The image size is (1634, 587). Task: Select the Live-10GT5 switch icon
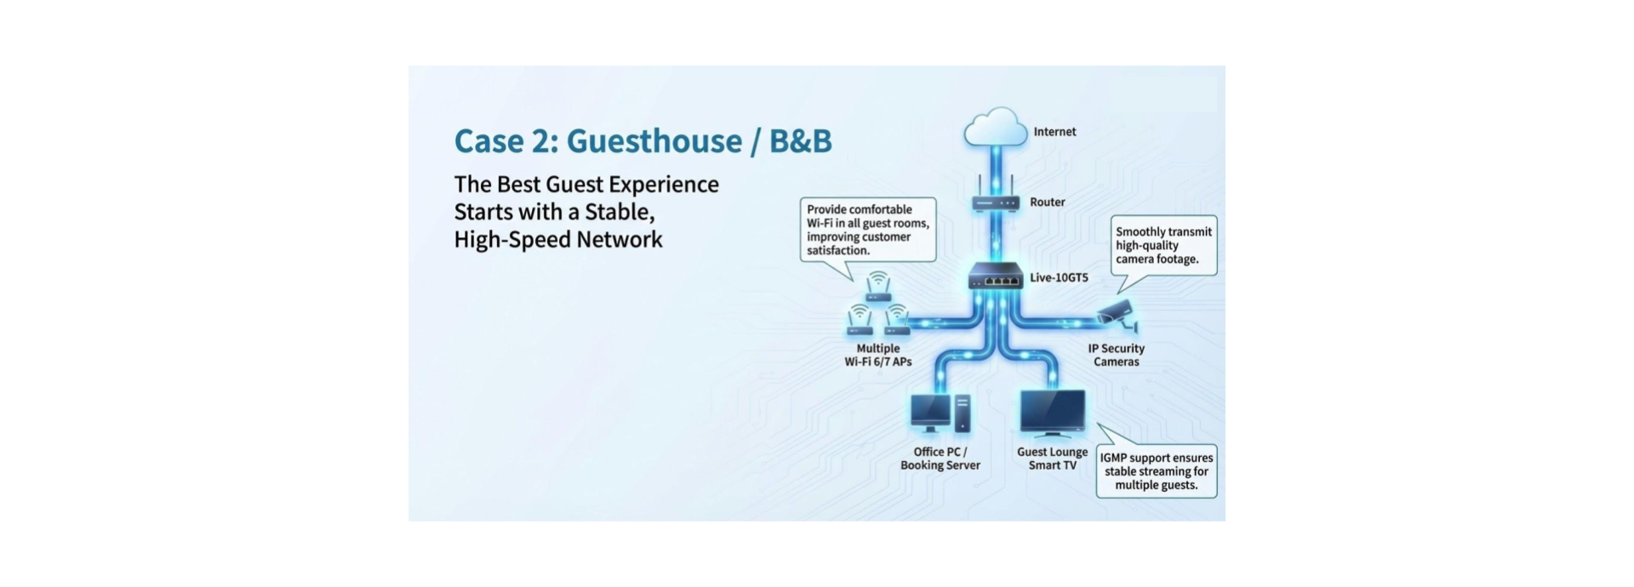click(996, 276)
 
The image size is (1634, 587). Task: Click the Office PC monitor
click(930, 413)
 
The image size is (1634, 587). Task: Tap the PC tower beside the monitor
click(963, 413)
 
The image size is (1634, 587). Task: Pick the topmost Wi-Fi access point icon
click(878, 287)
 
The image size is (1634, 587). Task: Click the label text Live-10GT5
click(1059, 277)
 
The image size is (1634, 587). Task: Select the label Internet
click(1054, 132)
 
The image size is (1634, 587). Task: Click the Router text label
click(1048, 202)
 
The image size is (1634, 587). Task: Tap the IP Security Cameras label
click(1117, 355)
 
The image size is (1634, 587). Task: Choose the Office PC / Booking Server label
click(940, 459)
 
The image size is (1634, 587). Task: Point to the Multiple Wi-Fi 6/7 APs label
click(878, 355)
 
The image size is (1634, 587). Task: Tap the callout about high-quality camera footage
click(1164, 246)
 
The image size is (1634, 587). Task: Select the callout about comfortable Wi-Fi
click(868, 231)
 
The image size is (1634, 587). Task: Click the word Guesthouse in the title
click(654, 141)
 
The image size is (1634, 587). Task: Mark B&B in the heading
click(801, 141)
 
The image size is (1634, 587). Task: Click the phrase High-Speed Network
click(558, 240)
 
